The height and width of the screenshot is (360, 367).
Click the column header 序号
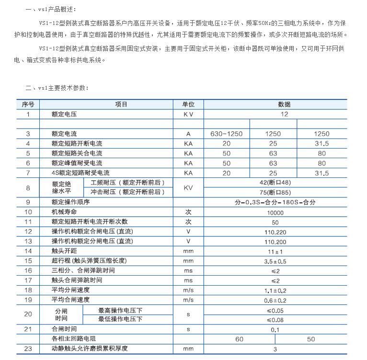pyautogui.click(x=28, y=104)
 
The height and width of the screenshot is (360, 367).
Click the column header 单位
pyautogui.click(x=188, y=104)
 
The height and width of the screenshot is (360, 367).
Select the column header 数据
pyautogui.click(x=275, y=104)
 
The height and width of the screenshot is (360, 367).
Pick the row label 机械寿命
pyautogui.click(x=64, y=211)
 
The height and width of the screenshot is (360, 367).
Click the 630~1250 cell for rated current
pyautogui.click(x=226, y=134)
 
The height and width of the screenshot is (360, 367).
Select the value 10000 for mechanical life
pyautogui.click(x=275, y=211)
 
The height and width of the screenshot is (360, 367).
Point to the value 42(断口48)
pyautogui.click(x=275, y=182)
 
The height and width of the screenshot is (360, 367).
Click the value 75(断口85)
pyautogui.click(x=275, y=192)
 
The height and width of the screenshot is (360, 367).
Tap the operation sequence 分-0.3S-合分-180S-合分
pyautogui.click(x=275, y=202)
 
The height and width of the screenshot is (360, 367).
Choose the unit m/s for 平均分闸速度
pyautogui.click(x=188, y=290)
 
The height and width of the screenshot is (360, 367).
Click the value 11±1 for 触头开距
pyautogui.click(x=275, y=251)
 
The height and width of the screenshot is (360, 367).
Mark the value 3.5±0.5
pyautogui.click(x=275, y=260)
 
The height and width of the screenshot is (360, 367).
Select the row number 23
pyautogui.click(x=28, y=348)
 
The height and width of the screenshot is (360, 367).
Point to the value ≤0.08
pyautogui.click(x=275, y=319)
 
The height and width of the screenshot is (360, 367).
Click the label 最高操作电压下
pyautogui.click(x=120, y=310)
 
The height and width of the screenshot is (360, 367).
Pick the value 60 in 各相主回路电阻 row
pyautogui.click(x=239, y=339)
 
